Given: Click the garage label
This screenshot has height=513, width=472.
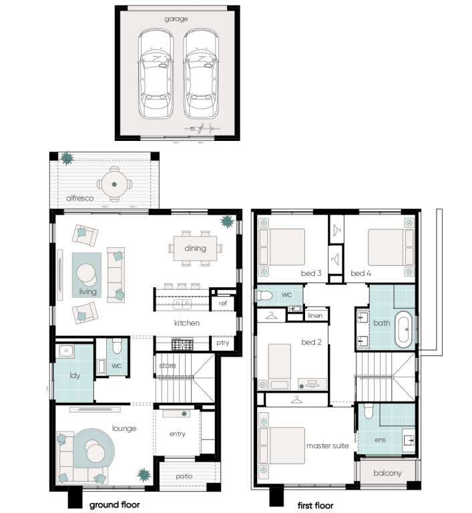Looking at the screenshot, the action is (176, 19).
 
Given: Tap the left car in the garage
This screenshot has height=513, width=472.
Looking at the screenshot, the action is (155, 74).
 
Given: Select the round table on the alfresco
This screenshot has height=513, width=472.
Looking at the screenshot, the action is (114, 184).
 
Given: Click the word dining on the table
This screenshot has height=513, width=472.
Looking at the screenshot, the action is (196, 248).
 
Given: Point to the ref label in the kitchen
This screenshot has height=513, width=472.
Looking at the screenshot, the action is (223, 303).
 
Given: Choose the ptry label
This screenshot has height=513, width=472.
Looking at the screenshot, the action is (223, 343).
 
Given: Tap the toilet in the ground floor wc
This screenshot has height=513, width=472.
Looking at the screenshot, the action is (117, 346).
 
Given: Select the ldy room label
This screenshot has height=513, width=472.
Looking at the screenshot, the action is (75, 375).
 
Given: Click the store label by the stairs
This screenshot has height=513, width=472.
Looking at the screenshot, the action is (168, 365).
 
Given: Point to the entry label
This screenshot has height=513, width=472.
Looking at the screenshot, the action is (178, 434).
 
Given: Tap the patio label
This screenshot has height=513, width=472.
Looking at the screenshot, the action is (184, 476).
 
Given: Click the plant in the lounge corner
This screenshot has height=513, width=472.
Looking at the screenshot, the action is (144, 475).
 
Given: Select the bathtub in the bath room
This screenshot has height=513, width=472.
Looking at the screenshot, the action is (404, 329).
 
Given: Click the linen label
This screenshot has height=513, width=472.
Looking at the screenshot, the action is (315, 316).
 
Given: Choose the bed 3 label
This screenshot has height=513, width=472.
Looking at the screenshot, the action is (311, 273).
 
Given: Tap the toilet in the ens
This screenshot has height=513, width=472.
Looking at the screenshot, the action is (369, 411).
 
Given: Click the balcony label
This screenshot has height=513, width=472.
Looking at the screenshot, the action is (387, 474).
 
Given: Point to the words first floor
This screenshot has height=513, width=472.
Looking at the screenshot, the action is (315, 506).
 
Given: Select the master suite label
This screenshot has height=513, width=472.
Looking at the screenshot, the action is (327, 446).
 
